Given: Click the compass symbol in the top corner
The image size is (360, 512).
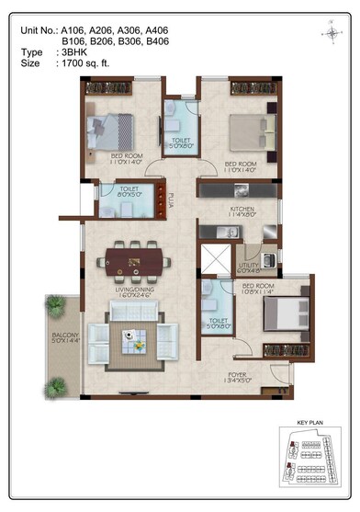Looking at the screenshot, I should (x=330, y=32).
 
